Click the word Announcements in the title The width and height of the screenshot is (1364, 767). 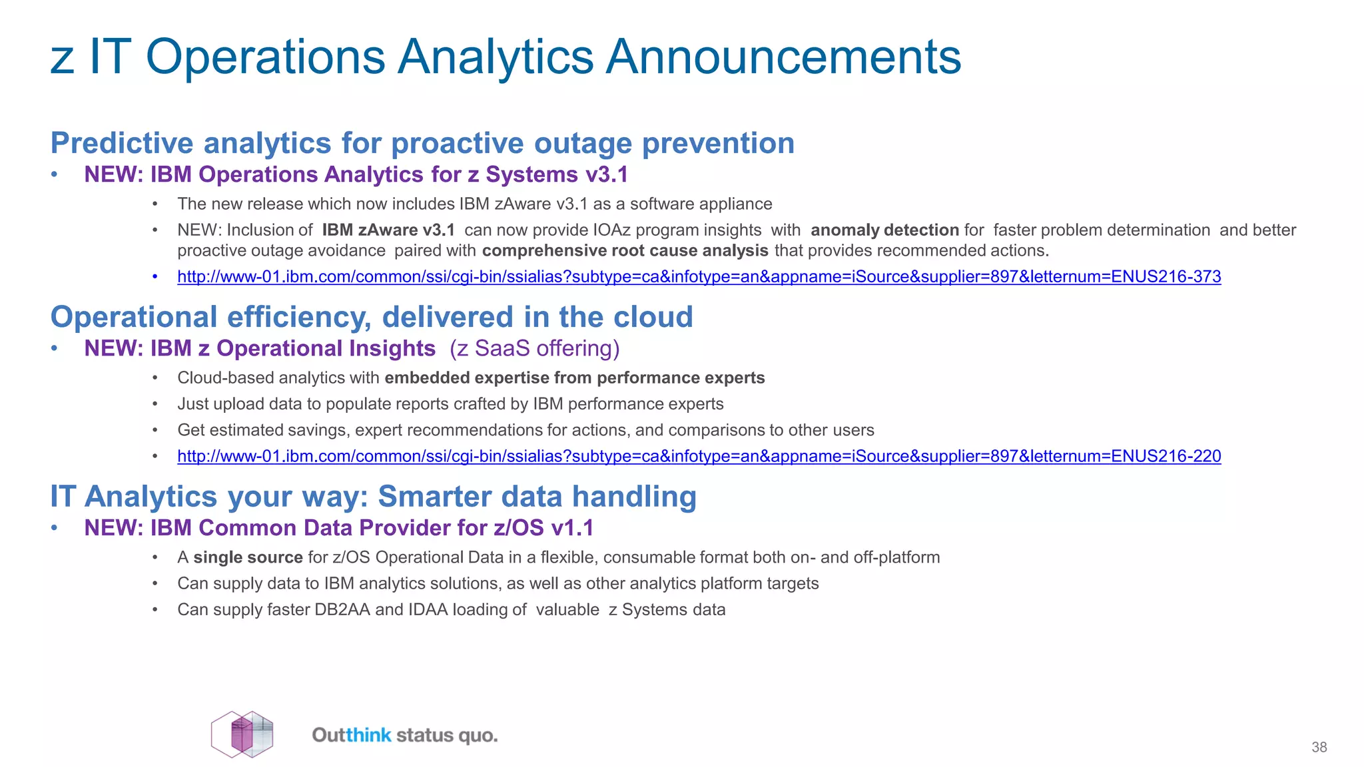(783, 57)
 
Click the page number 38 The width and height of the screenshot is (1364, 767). (1319, 747)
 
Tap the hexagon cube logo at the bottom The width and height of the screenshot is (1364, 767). (242, 734)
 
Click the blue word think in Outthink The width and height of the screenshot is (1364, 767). (368, 735)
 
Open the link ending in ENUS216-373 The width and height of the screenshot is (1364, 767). (699, 276)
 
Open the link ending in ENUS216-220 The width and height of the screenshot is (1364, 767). (699, 456)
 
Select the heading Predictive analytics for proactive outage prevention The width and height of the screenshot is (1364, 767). (422, 143)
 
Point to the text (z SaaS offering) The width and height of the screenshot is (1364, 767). (534, 348)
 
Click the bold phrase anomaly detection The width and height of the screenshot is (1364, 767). (884, 230)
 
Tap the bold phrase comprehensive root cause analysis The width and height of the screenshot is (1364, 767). (625, 251)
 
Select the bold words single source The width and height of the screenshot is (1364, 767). (248, 557)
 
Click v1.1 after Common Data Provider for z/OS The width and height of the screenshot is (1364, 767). (572, 528)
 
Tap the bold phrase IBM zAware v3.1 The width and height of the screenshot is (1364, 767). (388, 230)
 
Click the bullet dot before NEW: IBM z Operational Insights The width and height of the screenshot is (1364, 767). (56, 348)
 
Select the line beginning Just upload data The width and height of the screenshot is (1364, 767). (450, 404)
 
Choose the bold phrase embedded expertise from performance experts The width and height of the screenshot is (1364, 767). (574, 378)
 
